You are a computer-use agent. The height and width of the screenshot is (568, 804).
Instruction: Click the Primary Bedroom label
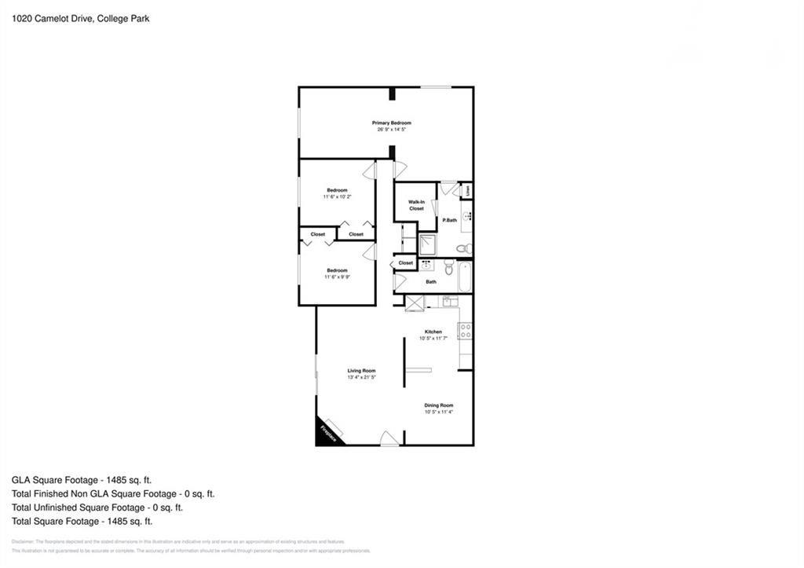[x=391, y=123]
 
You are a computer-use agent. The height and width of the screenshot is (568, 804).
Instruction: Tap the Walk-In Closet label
[x=416, y=205]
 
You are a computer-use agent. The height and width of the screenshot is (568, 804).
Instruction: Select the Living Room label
[x=362, y=371]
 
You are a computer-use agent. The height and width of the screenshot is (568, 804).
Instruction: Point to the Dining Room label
[x=439, y=405]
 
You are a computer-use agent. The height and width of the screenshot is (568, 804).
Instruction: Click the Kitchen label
[x=433, y=332]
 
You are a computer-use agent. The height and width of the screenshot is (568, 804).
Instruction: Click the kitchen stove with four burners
[x=465, y=331]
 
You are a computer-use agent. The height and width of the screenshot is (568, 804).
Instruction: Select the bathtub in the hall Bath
[x=464, y=277]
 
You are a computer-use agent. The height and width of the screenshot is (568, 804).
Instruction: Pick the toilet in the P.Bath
[x=464, y=248]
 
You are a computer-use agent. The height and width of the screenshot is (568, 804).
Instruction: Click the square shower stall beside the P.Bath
[x=428, y=244]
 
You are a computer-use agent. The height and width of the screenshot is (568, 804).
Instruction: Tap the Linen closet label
[x=468, y=190]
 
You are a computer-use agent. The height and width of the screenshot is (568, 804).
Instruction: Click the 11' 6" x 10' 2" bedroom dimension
[x=337, y=196]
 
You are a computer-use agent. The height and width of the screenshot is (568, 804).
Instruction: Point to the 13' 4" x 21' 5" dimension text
[x=362, y=378]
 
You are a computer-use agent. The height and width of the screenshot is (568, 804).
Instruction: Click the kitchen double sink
[x=448, y=302]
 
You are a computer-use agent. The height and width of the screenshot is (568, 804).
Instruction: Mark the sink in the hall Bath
[x=427, y=266]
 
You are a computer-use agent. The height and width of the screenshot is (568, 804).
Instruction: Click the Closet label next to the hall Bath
[x=406, y=262]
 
